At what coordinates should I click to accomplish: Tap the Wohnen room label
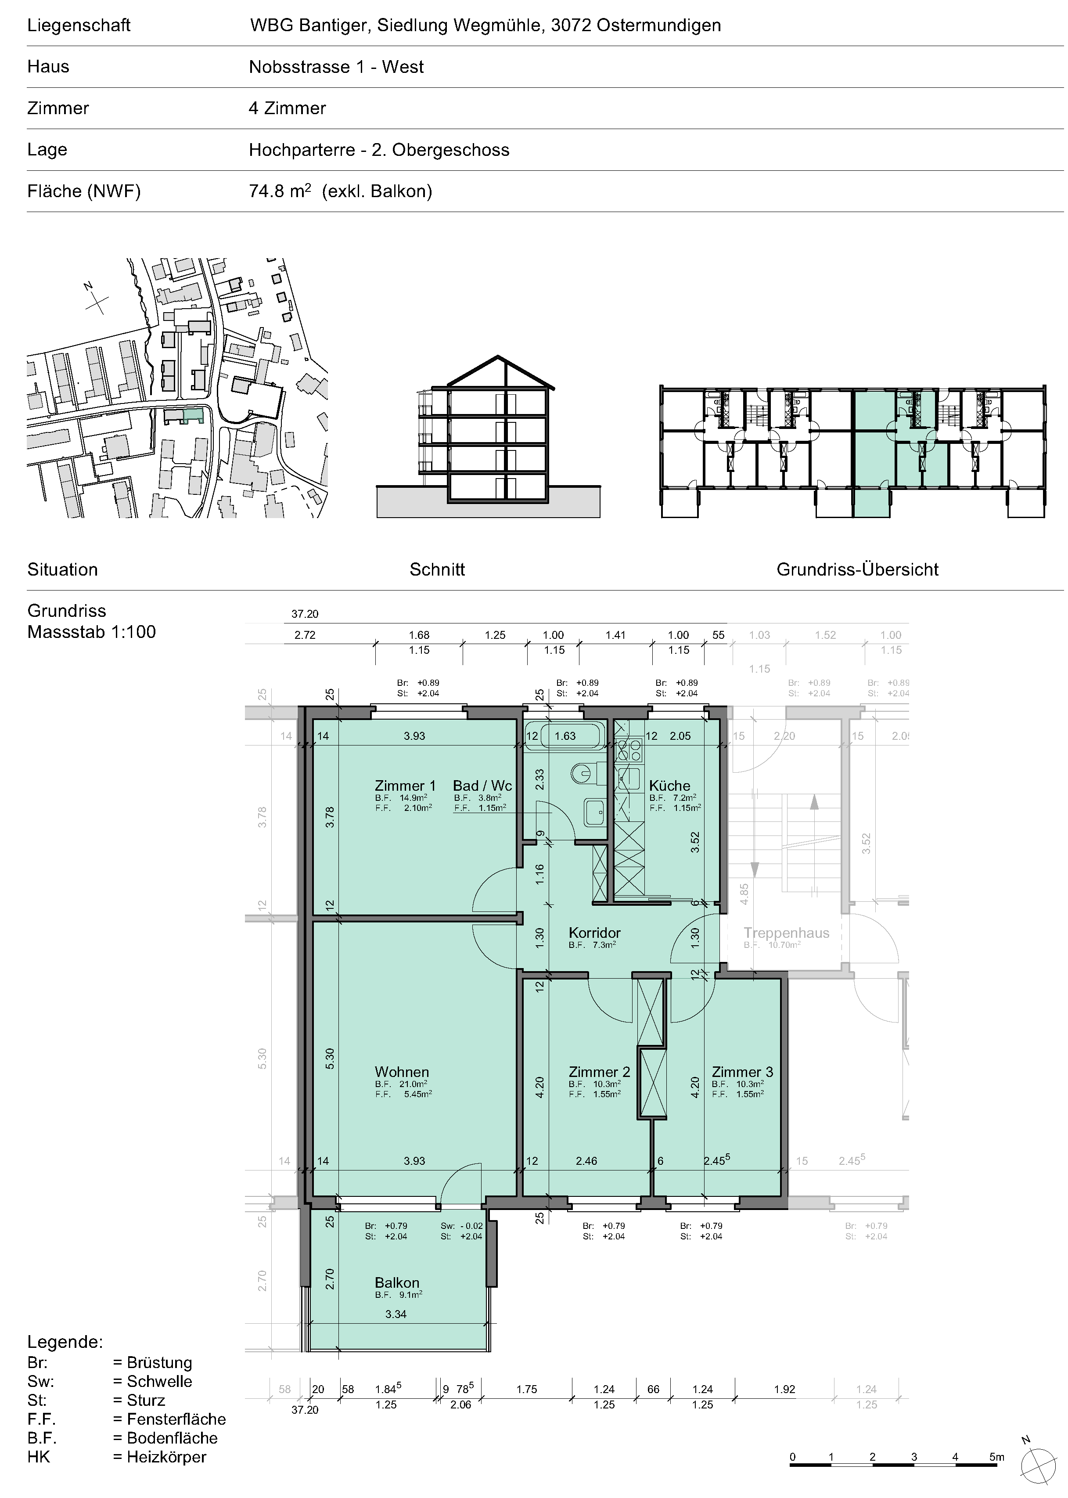(x=402, y=1071)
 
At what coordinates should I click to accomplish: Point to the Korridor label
(x=594, y=933)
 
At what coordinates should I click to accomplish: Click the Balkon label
(x=396, y=1282)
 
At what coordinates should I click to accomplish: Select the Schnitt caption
(x=437, y=569)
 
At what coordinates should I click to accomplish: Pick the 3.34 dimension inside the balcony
(x=396, y=1314)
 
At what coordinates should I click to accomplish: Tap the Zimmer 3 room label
(x=742, y=1071)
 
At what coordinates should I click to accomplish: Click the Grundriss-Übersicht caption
(x=858, y=569)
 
